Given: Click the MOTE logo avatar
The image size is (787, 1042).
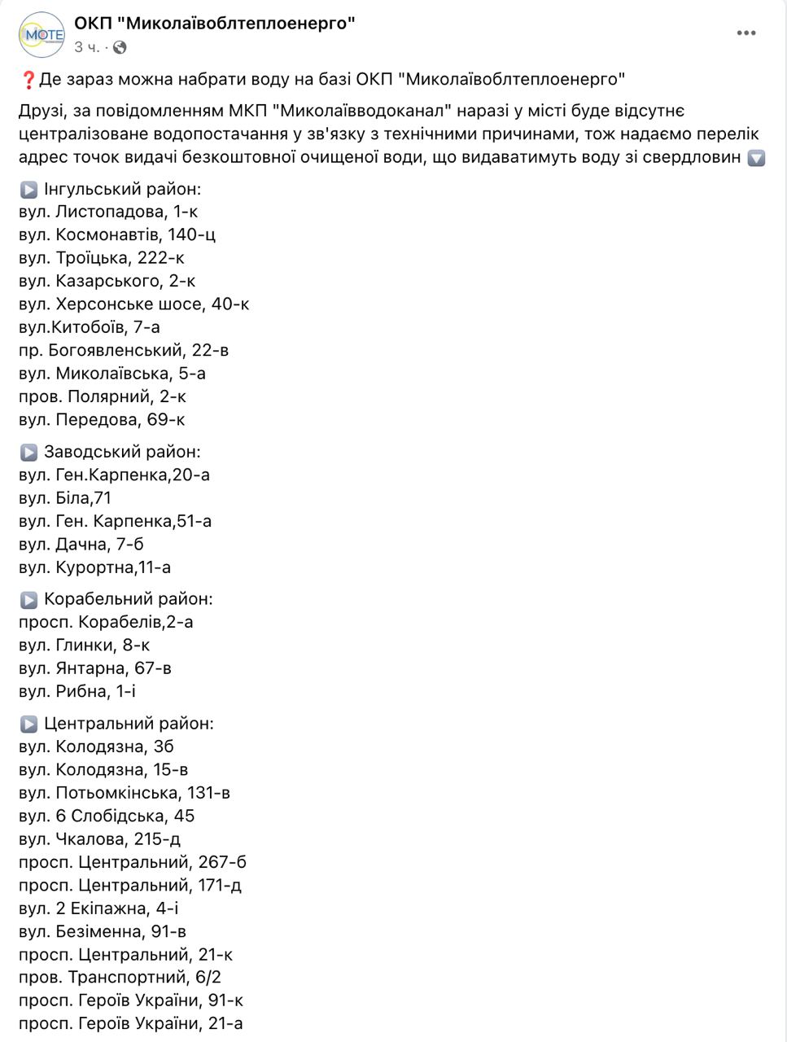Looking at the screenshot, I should tap(42, 34).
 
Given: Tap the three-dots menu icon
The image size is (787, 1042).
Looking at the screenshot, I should tap(746, 33).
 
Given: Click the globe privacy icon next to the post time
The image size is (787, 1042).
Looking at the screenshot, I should tap(120, 48).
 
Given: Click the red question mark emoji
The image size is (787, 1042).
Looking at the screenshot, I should tap(28, 80).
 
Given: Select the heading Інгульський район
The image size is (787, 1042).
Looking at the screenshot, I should tap(122, 190).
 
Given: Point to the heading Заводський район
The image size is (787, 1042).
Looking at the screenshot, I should tap(122, 452).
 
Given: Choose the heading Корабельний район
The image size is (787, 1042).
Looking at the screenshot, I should tap(128, 599).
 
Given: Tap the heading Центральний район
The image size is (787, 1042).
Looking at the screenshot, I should tap(129, 724).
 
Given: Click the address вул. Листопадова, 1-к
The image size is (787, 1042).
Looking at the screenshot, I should tap(108, 212).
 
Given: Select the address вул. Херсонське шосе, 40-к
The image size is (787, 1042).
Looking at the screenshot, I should tap(133, 304).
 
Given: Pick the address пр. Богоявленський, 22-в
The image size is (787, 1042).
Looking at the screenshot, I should tap(123, 350).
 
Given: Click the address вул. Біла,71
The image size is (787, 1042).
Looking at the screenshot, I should tap(65, 497).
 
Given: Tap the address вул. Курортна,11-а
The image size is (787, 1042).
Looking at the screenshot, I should tap(94, 567).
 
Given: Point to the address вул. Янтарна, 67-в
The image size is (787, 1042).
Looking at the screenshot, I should tap(94, 668).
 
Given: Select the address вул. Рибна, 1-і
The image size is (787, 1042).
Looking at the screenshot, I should tap(77, 691).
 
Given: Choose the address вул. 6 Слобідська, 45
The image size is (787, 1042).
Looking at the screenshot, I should tap(107, 816).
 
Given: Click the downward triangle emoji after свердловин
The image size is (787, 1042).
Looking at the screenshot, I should tap(756, 158).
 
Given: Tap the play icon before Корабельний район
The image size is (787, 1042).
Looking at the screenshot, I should tap(28, 600).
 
